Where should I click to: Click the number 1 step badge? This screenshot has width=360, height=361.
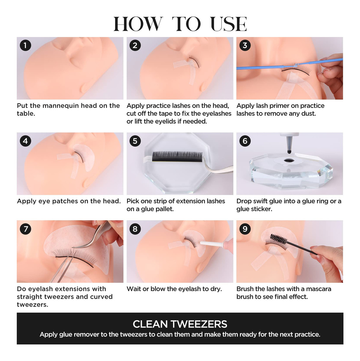click(x=25, y=45)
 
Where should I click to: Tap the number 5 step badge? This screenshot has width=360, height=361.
click(x=135, y=141)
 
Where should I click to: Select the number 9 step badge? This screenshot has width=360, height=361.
click(x=245, y=229)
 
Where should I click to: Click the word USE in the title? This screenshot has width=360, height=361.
click(x=229, y=24)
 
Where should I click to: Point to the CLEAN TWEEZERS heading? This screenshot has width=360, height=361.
click(x=180, y=324)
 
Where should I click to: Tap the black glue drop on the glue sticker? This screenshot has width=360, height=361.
click(x=289, y=161)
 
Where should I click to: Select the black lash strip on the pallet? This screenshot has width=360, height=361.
click(x=177, y=157)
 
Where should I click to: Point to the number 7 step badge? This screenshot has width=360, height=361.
click(x=25, y=229)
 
